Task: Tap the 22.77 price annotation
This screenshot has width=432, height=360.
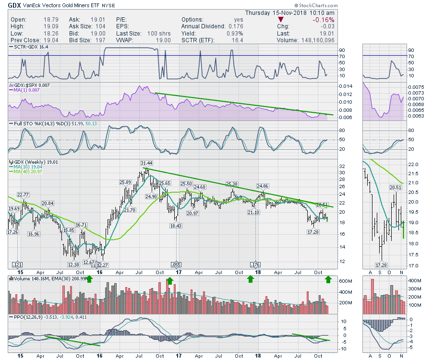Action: point(24,194)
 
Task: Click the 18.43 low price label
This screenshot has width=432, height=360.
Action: point(177,226)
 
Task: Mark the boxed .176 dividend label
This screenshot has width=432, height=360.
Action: point(256,264)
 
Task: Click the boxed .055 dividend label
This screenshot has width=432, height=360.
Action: point(176,264)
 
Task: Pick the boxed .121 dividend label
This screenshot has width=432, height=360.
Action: point(18,264)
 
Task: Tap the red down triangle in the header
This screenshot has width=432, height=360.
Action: point(281,20)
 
